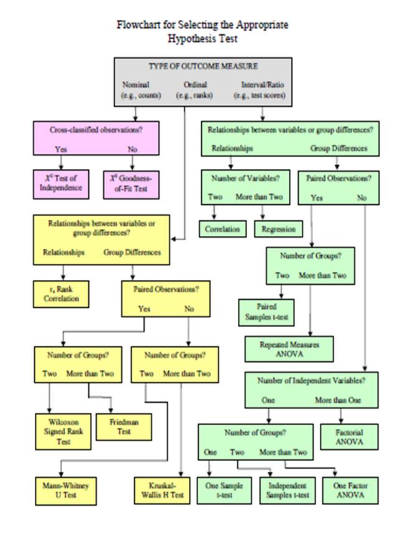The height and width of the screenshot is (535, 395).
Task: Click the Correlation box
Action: tap(222, 229)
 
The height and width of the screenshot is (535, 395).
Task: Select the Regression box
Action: tap(278, 229)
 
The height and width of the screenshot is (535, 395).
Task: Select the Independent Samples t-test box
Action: tap(283, 489)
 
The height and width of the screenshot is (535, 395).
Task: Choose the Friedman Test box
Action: tap(124, 426)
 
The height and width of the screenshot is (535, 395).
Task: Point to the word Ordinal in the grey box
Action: tap(195, 84)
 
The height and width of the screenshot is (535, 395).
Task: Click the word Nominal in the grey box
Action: tap(136, 84)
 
